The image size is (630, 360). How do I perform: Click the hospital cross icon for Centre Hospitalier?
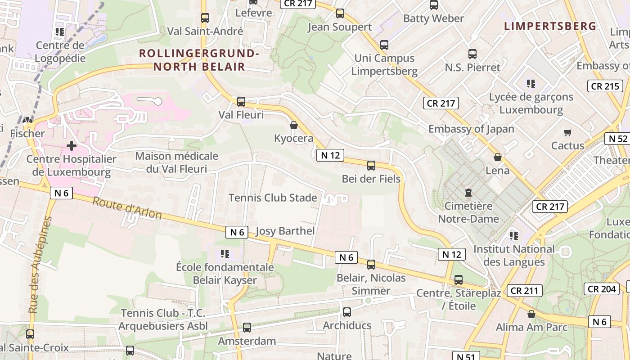pos(71,146)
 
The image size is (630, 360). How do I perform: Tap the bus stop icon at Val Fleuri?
pos(241,101)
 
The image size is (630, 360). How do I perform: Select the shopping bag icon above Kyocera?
pos(294,125)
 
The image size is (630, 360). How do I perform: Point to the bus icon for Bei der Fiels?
pos(371,165)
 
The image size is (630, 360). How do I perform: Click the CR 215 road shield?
pos(605,86)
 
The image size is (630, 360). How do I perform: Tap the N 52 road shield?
pos(618,139)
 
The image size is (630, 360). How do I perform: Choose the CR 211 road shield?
pos(524,291)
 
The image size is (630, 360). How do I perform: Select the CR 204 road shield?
pos(601,288)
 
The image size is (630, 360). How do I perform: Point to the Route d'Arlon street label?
pos(127,208)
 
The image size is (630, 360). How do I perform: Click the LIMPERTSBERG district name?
pos(550,26)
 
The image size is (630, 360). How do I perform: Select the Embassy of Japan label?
pos(471,129)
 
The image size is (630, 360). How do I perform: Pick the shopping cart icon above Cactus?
pos(568,132)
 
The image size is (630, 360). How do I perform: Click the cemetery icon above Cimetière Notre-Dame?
pos(468,193)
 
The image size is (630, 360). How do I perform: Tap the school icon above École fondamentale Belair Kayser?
pos(225,254)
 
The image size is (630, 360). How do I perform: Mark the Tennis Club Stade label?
pos(273,198)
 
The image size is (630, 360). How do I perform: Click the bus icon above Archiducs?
pos(347,312)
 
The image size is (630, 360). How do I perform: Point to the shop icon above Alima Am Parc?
pos(531,314)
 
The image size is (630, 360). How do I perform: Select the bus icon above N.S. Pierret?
pos(472,54)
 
